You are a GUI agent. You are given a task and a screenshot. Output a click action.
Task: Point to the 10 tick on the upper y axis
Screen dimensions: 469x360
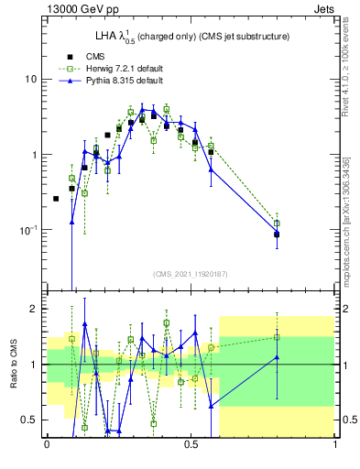click(31, 79)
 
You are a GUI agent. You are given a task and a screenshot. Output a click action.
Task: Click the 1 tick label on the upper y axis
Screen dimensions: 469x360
click(35, 155)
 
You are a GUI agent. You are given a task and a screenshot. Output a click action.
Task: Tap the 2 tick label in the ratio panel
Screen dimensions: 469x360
click(35, 309)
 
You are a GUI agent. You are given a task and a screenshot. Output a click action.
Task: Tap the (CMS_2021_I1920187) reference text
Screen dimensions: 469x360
click(191, 274)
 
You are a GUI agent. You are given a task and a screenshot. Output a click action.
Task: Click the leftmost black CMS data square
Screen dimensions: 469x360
click(56, 199)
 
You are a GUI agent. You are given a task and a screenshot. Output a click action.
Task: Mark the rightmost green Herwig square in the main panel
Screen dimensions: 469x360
click(277, 223)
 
